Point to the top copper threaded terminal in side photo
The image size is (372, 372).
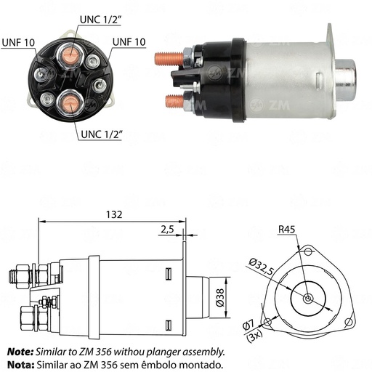(x=169, y=55)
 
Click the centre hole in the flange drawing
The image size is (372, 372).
(x=309, y=299)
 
